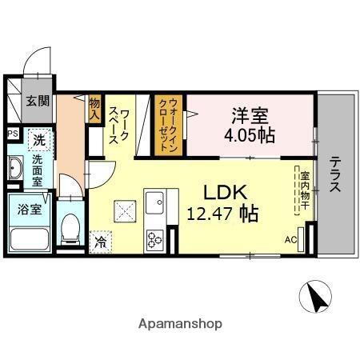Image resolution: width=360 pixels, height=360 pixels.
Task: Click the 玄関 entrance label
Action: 36,101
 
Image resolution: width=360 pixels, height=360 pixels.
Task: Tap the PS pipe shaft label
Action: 13,134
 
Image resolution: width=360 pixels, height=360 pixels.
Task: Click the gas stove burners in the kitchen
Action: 154,238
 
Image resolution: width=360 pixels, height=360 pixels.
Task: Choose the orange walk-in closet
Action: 170,125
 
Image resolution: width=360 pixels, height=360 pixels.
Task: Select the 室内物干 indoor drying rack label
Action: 305,190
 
